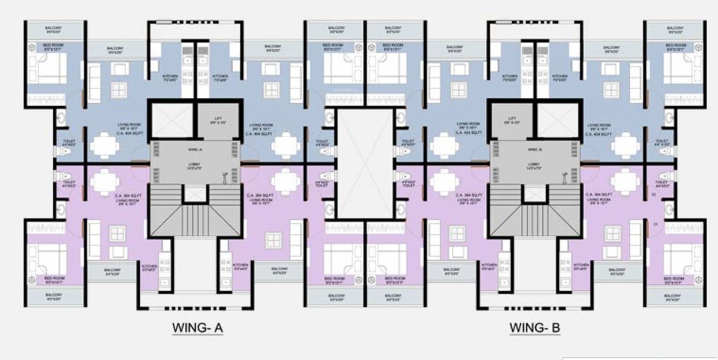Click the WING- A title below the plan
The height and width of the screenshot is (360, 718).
pos(197,327)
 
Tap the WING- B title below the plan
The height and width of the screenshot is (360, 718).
pos(535,327)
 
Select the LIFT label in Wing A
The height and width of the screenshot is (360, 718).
pos(218,121)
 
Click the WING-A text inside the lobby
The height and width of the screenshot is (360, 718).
pos(195,149)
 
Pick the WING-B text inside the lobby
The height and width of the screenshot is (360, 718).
pos(534,149)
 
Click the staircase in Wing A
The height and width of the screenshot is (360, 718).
pos(195,218)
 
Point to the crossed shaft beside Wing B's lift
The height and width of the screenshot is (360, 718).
pos(557,120)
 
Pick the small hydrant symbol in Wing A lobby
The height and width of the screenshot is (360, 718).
pos(225,176)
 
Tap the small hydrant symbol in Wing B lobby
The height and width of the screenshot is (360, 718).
pos(564,176)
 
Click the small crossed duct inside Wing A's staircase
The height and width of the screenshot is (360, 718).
pos(195,193)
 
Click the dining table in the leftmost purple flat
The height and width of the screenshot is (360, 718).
pos(105,182)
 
